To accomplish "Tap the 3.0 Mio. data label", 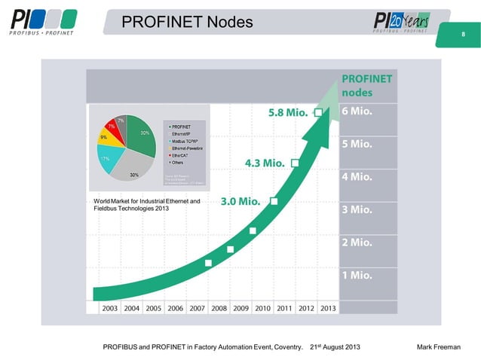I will point(241,202).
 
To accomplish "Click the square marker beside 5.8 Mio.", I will point(318,112).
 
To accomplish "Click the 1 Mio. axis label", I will point(357,275).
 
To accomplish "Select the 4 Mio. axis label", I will point(357,177).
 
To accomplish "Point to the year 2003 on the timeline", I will point(110,307).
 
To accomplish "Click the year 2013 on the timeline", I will point(327,307).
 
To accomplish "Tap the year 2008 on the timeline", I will point(219,307).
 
